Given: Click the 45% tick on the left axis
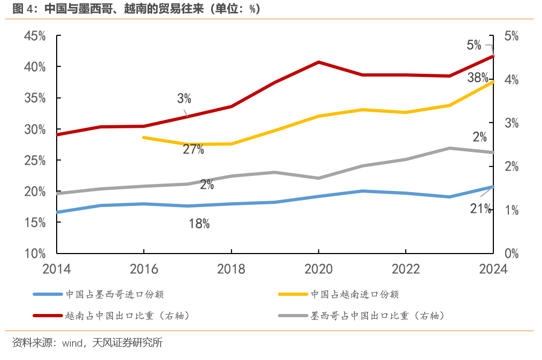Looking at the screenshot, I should [35, 36].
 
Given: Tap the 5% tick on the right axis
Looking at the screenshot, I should [512, 36].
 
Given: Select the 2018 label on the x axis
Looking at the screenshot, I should [231, 268].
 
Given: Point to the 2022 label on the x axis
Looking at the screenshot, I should [406, 268].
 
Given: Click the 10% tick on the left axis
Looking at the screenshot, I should [35, 253].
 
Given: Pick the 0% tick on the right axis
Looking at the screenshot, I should [512, 253].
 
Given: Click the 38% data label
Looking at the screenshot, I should [477, 78].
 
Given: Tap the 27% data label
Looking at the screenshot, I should [193, 150].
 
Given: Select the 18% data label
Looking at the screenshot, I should [199, 224].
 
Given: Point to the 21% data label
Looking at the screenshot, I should [481, 209].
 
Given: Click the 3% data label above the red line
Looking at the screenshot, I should [184, 98].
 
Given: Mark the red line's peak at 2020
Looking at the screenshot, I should [319, 62].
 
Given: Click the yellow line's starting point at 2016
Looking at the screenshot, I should [143, 137].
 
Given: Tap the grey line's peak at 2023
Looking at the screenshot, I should [450, 148].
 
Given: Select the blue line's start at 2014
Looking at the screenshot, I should [56, 212].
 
